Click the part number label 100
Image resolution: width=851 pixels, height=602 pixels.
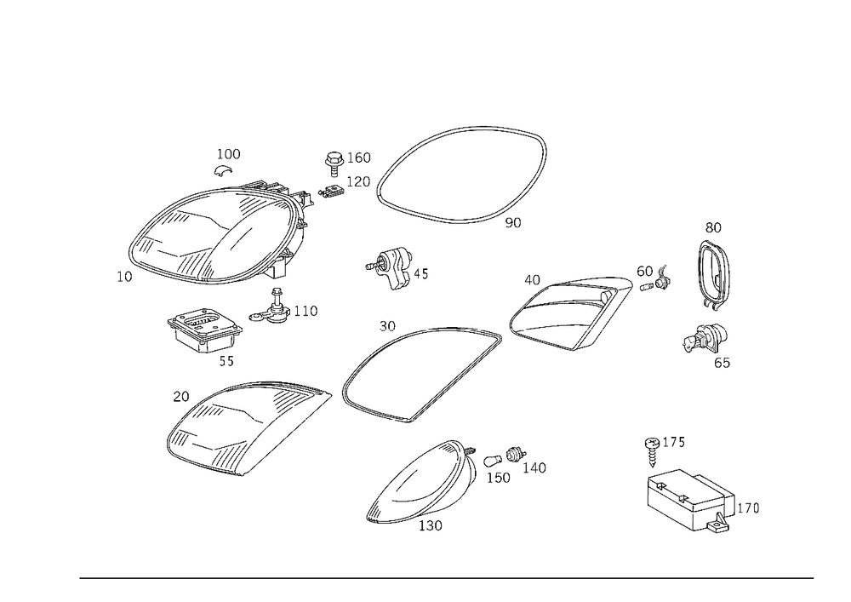[228, 154]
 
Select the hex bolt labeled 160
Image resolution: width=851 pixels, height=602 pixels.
[334, 163]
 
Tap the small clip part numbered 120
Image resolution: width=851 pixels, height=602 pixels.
[332, 193]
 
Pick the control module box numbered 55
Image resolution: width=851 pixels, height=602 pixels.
[204, 329]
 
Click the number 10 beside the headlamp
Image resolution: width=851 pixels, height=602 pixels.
[124, 277]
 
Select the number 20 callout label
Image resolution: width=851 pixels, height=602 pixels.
[181, 397]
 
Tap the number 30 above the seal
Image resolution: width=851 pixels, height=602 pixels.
[387, 326]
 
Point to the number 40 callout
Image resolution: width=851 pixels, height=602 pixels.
[532, 280]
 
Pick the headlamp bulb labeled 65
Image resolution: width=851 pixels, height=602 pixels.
[704, 338]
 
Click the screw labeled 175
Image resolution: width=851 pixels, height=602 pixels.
[652, 450]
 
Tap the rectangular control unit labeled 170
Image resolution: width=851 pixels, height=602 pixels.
[689, 500]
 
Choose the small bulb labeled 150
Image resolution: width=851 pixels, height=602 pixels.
[493, 462]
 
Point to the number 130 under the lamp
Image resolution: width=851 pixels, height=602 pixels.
[431, 525]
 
